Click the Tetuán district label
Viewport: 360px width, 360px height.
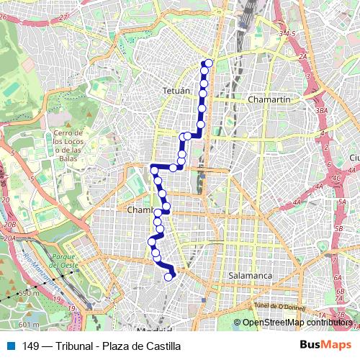point(176,91)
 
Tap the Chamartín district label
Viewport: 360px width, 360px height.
point(268,99)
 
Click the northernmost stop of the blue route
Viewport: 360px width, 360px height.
point(210,63)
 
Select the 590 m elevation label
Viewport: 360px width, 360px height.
point(28,293)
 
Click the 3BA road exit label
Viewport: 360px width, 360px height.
point(321,111)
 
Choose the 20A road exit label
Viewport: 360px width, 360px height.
point(9,237)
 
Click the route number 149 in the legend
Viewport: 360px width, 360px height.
point(31,346)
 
